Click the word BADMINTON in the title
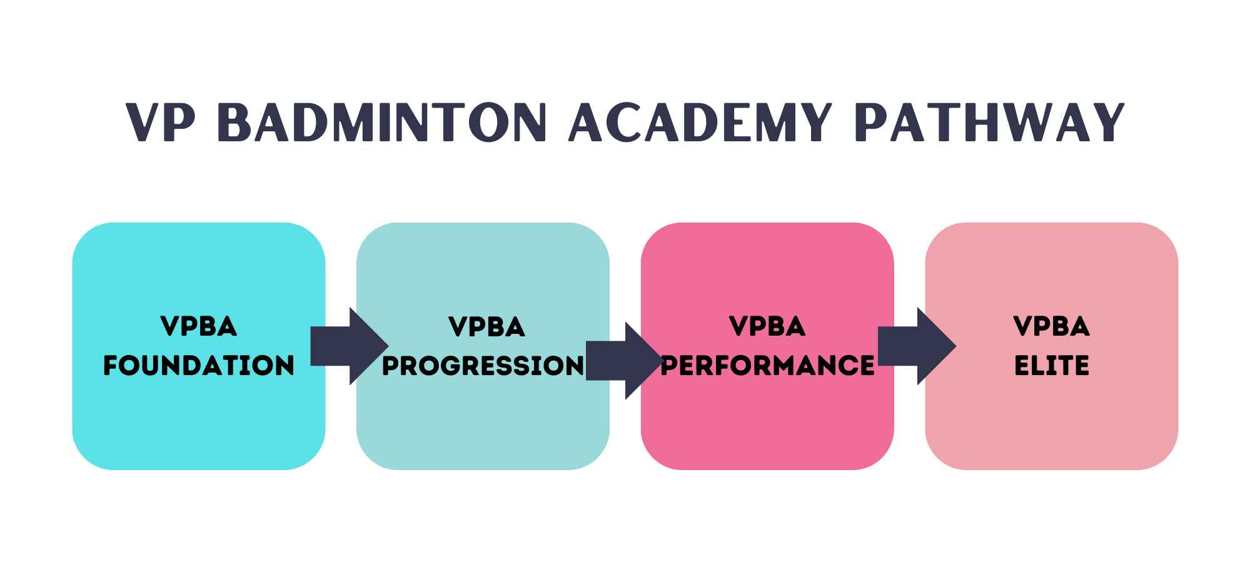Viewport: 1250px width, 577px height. tap(382, 123)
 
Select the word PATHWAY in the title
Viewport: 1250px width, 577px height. tap(989, 123)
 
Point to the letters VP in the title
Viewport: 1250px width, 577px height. tap(161, 123)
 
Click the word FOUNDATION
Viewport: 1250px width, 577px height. tap(199, 366)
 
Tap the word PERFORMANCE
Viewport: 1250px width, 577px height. tap(767, 366)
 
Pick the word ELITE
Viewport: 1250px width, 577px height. tap(1052, 366)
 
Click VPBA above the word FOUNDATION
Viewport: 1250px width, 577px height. tap(199, 326)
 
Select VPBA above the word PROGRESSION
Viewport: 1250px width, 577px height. tap(486, 327)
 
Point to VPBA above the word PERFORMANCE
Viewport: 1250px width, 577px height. tap(767, 326)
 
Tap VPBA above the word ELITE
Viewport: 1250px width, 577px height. tap(1052, 326)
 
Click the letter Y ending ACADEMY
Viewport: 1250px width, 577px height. tap(815, 123)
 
